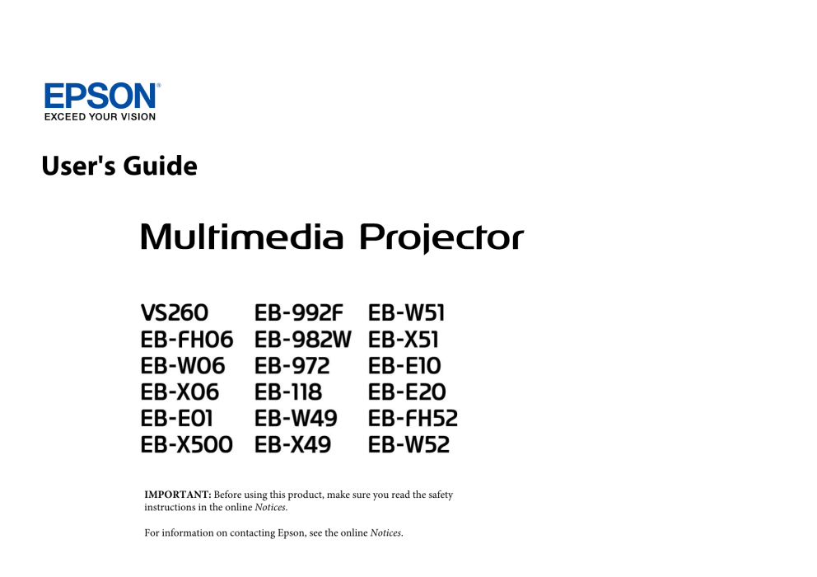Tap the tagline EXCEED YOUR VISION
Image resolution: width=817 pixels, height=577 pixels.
click(x=100, y=117)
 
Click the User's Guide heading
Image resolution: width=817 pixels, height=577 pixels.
click(x=119, y=166)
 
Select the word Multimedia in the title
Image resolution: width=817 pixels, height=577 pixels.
click(x=242, y=237)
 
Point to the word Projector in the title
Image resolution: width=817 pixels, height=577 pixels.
click(x=441, y=238)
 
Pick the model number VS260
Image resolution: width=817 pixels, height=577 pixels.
click(x=175, y=313)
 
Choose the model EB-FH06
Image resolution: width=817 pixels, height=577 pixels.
click(x=187, y=340)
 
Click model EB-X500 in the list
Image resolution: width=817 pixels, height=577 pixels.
click(x=186, y=445)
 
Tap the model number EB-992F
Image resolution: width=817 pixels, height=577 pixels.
click(x=299, y=313)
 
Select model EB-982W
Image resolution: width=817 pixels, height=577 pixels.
click(x=303, y=340)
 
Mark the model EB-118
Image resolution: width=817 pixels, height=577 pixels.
click(x=288, y=392)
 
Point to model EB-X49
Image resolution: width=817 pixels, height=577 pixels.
click(x=293, y=445)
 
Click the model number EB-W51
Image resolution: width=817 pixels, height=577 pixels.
click(x=406, y=313)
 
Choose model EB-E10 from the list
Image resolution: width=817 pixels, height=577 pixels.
click(x=404, y=366)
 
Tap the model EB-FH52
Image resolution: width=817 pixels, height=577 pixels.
click(x=413, y=419)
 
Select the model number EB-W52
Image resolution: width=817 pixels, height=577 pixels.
click(x=409, y=445)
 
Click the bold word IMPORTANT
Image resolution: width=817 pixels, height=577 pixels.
click(x=178, y=495)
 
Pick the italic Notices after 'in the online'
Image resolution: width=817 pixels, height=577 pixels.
click(x=270, y=507)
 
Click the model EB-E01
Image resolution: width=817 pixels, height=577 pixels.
click(x=176, y=419)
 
